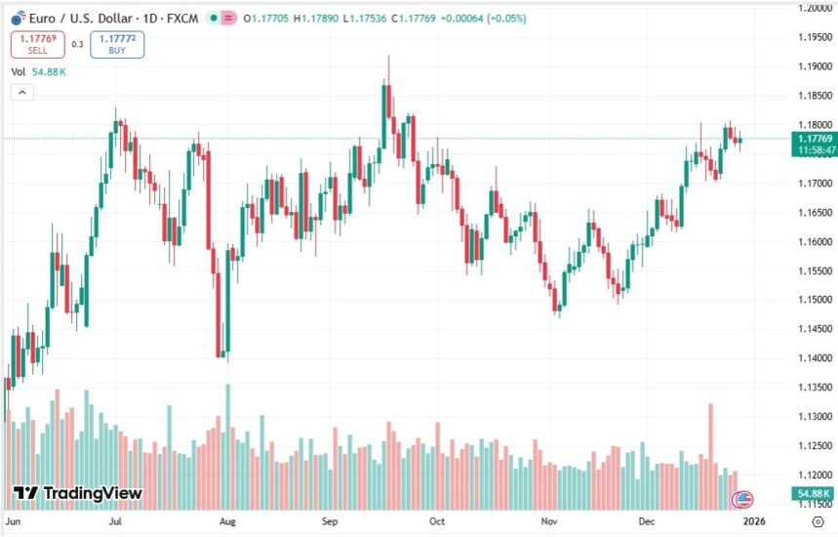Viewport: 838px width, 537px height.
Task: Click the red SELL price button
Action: coord(38,44)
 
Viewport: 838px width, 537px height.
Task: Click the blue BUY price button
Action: coord(117,44)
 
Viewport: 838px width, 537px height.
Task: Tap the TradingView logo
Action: coord(77,494)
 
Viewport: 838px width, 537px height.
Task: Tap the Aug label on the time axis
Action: coord(226,522)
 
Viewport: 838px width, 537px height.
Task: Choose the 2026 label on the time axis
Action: coord(752,522)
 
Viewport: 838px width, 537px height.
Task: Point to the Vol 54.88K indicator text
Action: coord(38,72)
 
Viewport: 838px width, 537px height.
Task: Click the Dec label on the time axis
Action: coord(645,522)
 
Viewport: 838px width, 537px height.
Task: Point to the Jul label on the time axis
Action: coord(115,522)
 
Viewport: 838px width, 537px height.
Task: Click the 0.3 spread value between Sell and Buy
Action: coord(78,44)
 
